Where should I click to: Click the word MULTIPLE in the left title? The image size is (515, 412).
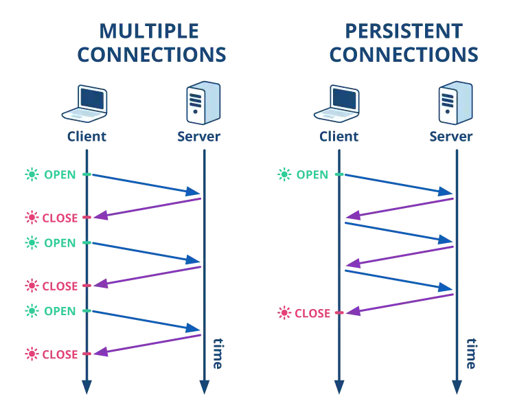(149, 31)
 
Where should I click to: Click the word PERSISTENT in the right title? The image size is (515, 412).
(404, 31)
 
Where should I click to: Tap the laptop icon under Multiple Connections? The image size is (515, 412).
(84, 104)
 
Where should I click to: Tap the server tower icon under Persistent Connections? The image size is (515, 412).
(455, 102)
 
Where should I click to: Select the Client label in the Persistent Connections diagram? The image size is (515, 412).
(339, 137)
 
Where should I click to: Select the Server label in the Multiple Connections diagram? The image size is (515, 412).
(198, 137)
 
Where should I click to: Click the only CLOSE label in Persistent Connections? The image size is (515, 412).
(312, 313)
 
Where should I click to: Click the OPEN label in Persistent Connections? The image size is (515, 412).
(312, 175)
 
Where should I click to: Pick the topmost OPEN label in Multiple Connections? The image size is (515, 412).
(60, 175)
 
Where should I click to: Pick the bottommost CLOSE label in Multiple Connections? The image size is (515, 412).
(60, 354)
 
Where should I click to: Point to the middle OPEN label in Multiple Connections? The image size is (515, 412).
(60, 243)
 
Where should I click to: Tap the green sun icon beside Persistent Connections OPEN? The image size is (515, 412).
(284, 174)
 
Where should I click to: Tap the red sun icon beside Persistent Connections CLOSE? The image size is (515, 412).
(284, 313)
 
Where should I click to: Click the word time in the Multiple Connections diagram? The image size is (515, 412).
(218, 354)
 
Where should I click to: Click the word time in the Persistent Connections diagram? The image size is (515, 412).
(471, 354)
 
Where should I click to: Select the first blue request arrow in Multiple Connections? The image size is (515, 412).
(146, 185)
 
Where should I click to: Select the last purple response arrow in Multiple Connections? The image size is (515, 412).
(147, 345)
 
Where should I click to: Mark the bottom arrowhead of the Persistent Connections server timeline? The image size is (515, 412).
(457, 387)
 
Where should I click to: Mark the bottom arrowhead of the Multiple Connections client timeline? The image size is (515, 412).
(87, 387)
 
